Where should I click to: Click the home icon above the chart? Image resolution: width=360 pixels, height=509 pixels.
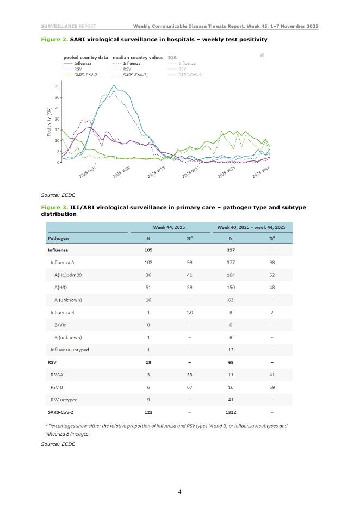pos(262,55)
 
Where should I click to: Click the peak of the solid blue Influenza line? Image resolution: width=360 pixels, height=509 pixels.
pos(114,85)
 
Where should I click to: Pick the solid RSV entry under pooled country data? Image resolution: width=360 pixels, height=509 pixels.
pos(73,69)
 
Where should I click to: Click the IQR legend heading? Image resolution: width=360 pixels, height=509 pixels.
pos(172,57)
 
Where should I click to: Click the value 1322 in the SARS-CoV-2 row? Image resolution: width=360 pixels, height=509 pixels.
pos(231,412)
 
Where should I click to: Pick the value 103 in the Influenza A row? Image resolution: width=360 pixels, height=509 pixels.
pos(148,262)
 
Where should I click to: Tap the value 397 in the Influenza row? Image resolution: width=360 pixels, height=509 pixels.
pos(231,250)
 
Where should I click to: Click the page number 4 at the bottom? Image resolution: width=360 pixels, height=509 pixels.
pos(179,492)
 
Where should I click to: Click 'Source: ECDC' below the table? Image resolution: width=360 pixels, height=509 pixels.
pos(58,444)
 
